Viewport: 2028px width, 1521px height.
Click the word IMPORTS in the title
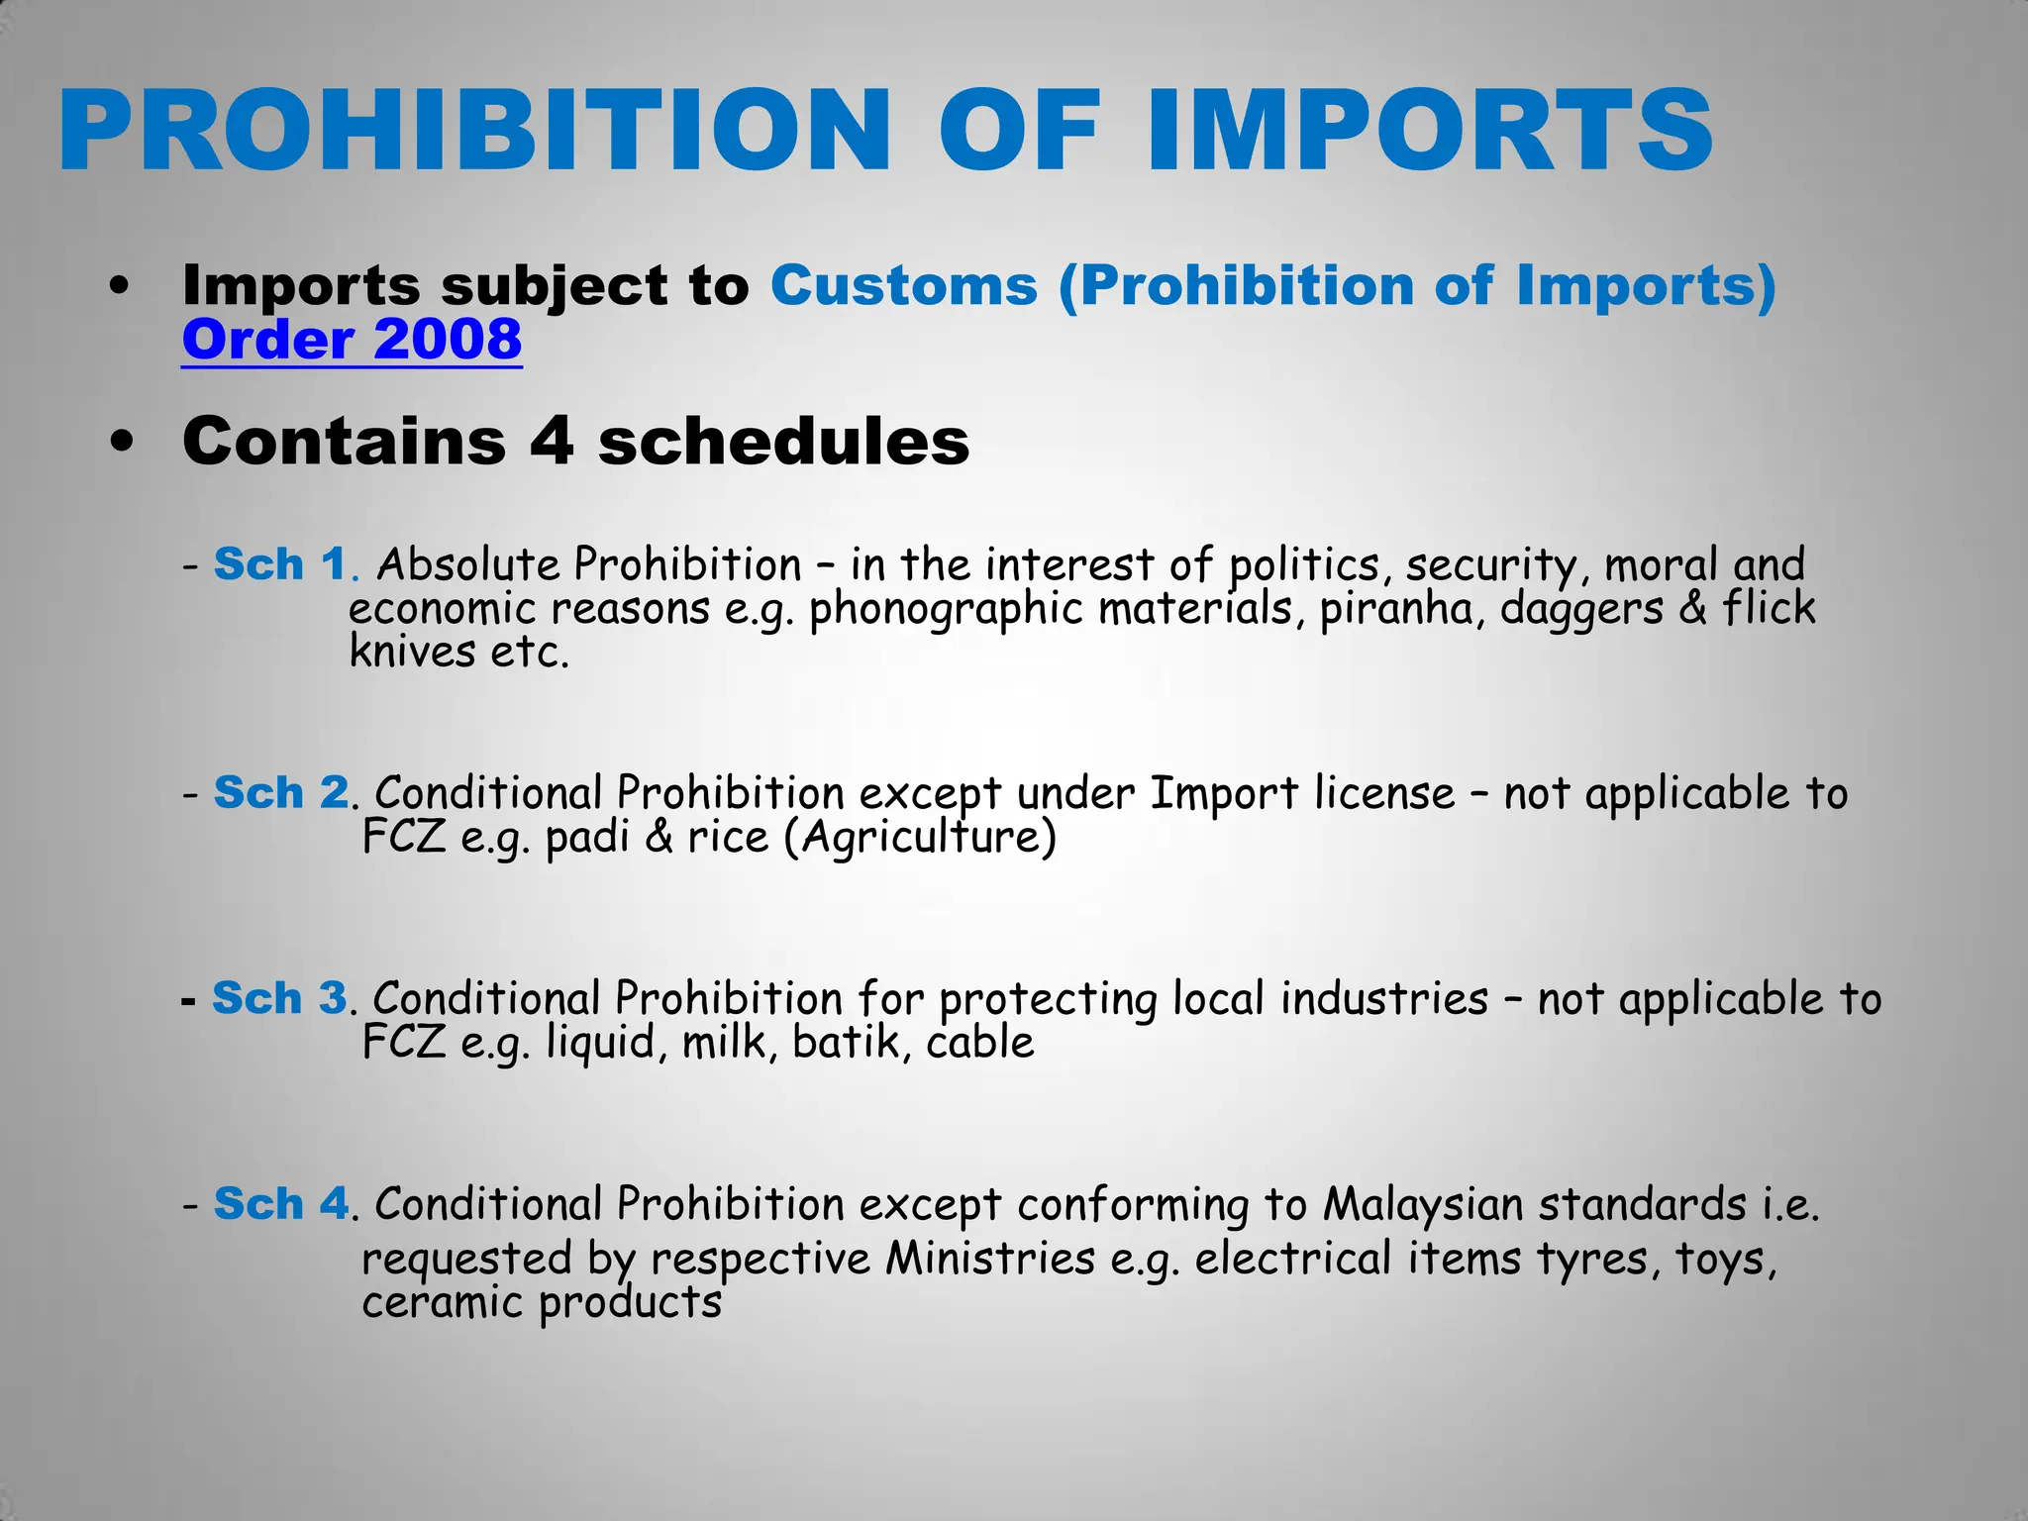click(1429, 130)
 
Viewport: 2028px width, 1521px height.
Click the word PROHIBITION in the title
click(475, 130)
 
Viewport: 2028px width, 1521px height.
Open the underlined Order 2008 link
click(352, 340)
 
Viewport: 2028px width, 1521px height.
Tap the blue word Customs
click(904, 285)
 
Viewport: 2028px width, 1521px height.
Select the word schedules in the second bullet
click(783, 441)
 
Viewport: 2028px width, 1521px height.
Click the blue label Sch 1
click(279, 564)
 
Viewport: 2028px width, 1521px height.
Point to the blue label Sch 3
click(279, 998)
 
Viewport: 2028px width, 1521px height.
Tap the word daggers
click(1581, 608)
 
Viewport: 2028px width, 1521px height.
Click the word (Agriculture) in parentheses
click(920, 837)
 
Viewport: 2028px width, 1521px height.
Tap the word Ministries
click(990, 1259)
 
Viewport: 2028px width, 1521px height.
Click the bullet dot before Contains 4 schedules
click(122, 442)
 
